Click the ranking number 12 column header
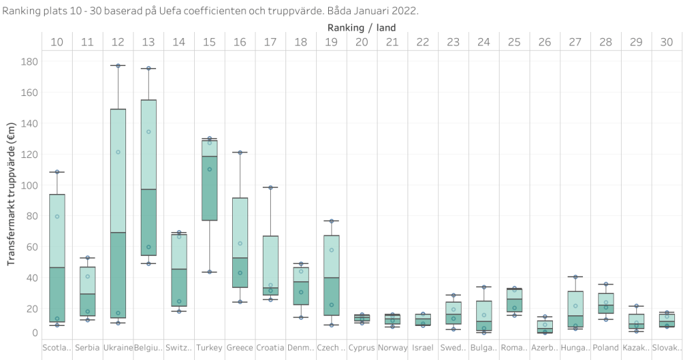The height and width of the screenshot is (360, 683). [x=118, y=42]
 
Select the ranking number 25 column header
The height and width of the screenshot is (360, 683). [x=514, y=42]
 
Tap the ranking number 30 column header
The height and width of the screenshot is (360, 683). [x=666, y=42]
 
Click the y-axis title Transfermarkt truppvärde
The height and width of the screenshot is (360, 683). [x=11, y=194]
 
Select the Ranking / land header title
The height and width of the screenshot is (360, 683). [x=362, y=27]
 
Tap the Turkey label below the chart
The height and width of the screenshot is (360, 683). [x=209, y=347]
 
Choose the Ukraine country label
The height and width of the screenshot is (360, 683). [x=118, y=347]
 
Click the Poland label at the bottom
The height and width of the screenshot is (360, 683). [x=605, y=347]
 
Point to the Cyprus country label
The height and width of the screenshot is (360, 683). [x=362, y=347]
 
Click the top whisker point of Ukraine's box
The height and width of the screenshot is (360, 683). [x=118, y=65]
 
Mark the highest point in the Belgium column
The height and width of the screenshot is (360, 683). [x=149, y=68]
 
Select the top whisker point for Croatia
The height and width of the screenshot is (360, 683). [x=270, y=187]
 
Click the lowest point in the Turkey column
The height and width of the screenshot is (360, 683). [x=209, y=272]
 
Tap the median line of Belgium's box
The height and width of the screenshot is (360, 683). [x=149, y=189]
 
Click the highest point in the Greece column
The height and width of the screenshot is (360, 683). [x=240, y=153]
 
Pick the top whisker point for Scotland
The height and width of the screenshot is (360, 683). [x=57, y=172]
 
